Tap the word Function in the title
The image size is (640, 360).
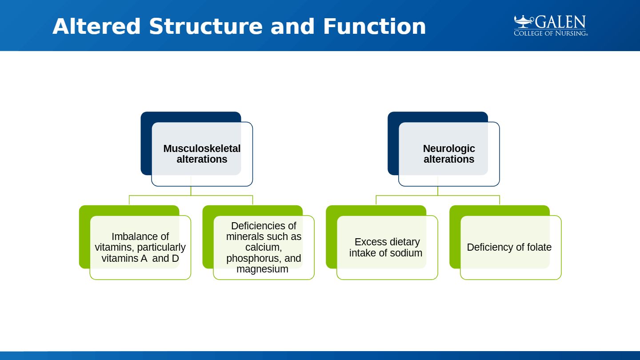coord(374,27)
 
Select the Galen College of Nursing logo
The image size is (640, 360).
coord(551,26)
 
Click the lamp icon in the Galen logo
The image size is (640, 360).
coord(524,21)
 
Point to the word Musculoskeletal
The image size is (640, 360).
coord(202,148)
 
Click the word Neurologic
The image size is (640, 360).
coord(449,148)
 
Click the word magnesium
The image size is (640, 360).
coord(262,269)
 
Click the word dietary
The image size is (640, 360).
coord(403,242)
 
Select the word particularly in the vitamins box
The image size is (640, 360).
coord(161,247)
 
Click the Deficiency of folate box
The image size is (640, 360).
coord(510,258)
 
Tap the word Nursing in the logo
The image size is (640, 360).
coord(569,33)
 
